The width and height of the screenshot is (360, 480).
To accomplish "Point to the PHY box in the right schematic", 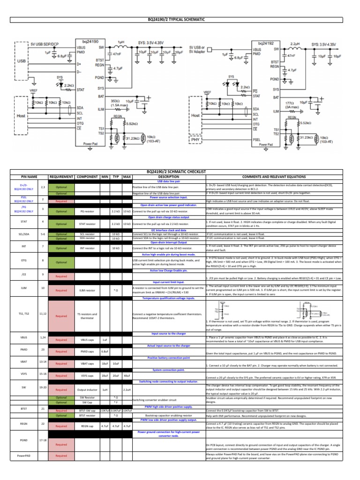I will coord(195,139).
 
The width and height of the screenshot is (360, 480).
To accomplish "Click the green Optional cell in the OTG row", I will coord(61,262).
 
